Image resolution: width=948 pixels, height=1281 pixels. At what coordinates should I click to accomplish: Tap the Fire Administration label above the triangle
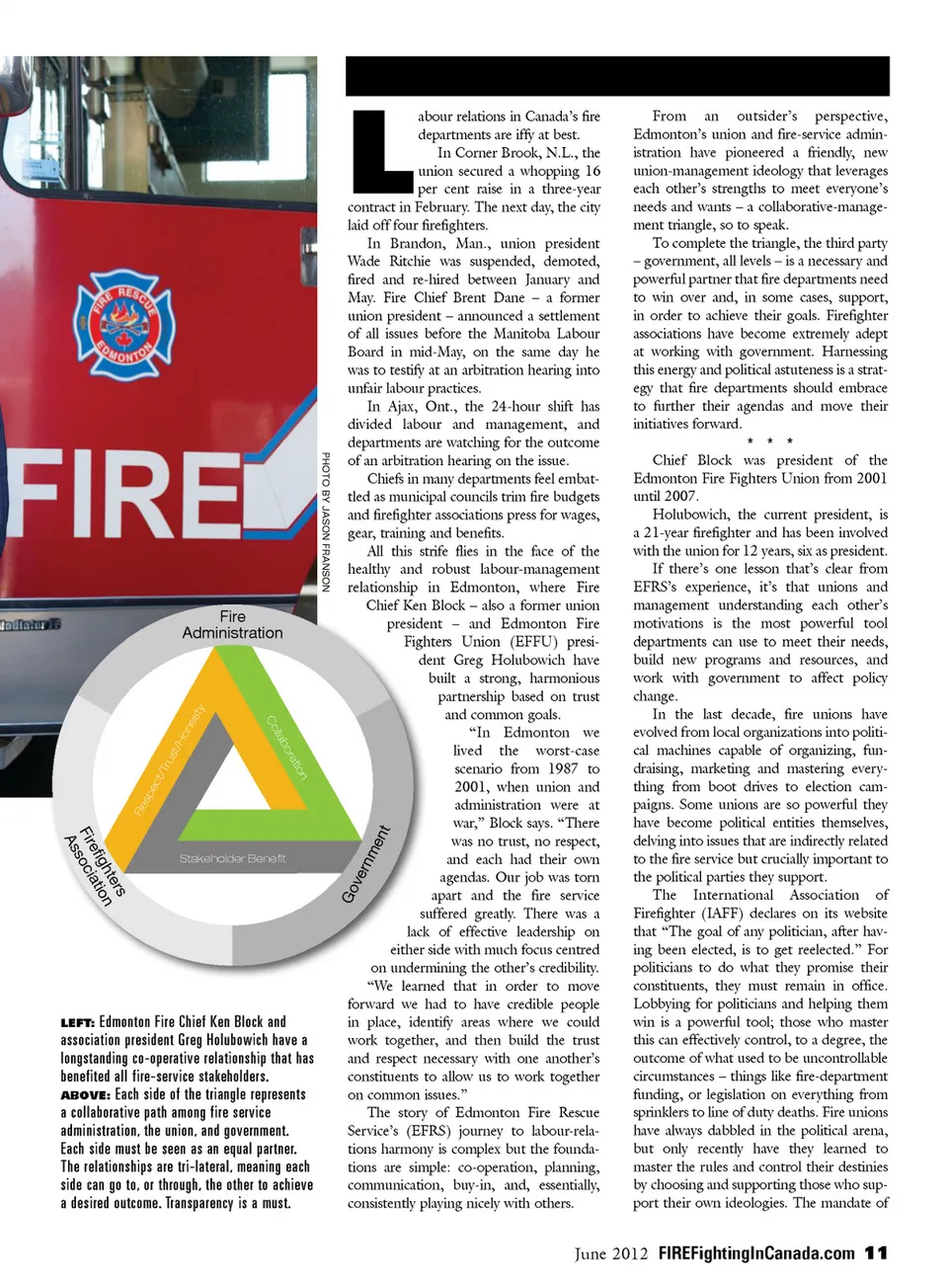232,624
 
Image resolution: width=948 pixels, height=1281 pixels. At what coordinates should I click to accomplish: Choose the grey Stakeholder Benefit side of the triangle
232,858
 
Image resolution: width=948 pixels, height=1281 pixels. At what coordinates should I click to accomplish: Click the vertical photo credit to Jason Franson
325,521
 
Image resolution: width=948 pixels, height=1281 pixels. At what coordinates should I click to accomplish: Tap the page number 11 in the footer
876,1252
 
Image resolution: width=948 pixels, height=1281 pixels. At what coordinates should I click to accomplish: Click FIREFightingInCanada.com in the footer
756,1252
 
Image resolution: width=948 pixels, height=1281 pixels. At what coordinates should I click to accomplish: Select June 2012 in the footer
611,1252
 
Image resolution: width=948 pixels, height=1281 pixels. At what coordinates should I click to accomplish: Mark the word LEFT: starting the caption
77,1022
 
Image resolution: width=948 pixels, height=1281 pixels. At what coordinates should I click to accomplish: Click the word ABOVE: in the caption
85,1094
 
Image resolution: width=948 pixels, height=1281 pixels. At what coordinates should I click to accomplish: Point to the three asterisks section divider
769,441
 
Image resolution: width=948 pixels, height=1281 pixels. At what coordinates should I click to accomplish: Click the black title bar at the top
617,76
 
